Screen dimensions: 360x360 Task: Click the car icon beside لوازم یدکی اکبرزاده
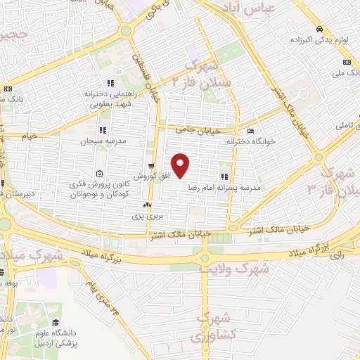(x=319, y=30)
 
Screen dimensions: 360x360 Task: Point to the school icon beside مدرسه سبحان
(x=103, y=129)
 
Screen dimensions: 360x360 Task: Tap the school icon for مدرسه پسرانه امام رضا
(x=224, y=177)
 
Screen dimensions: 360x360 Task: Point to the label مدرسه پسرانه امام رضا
(x=224, y=188)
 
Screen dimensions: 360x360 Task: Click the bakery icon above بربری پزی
(x=147, y=205)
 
